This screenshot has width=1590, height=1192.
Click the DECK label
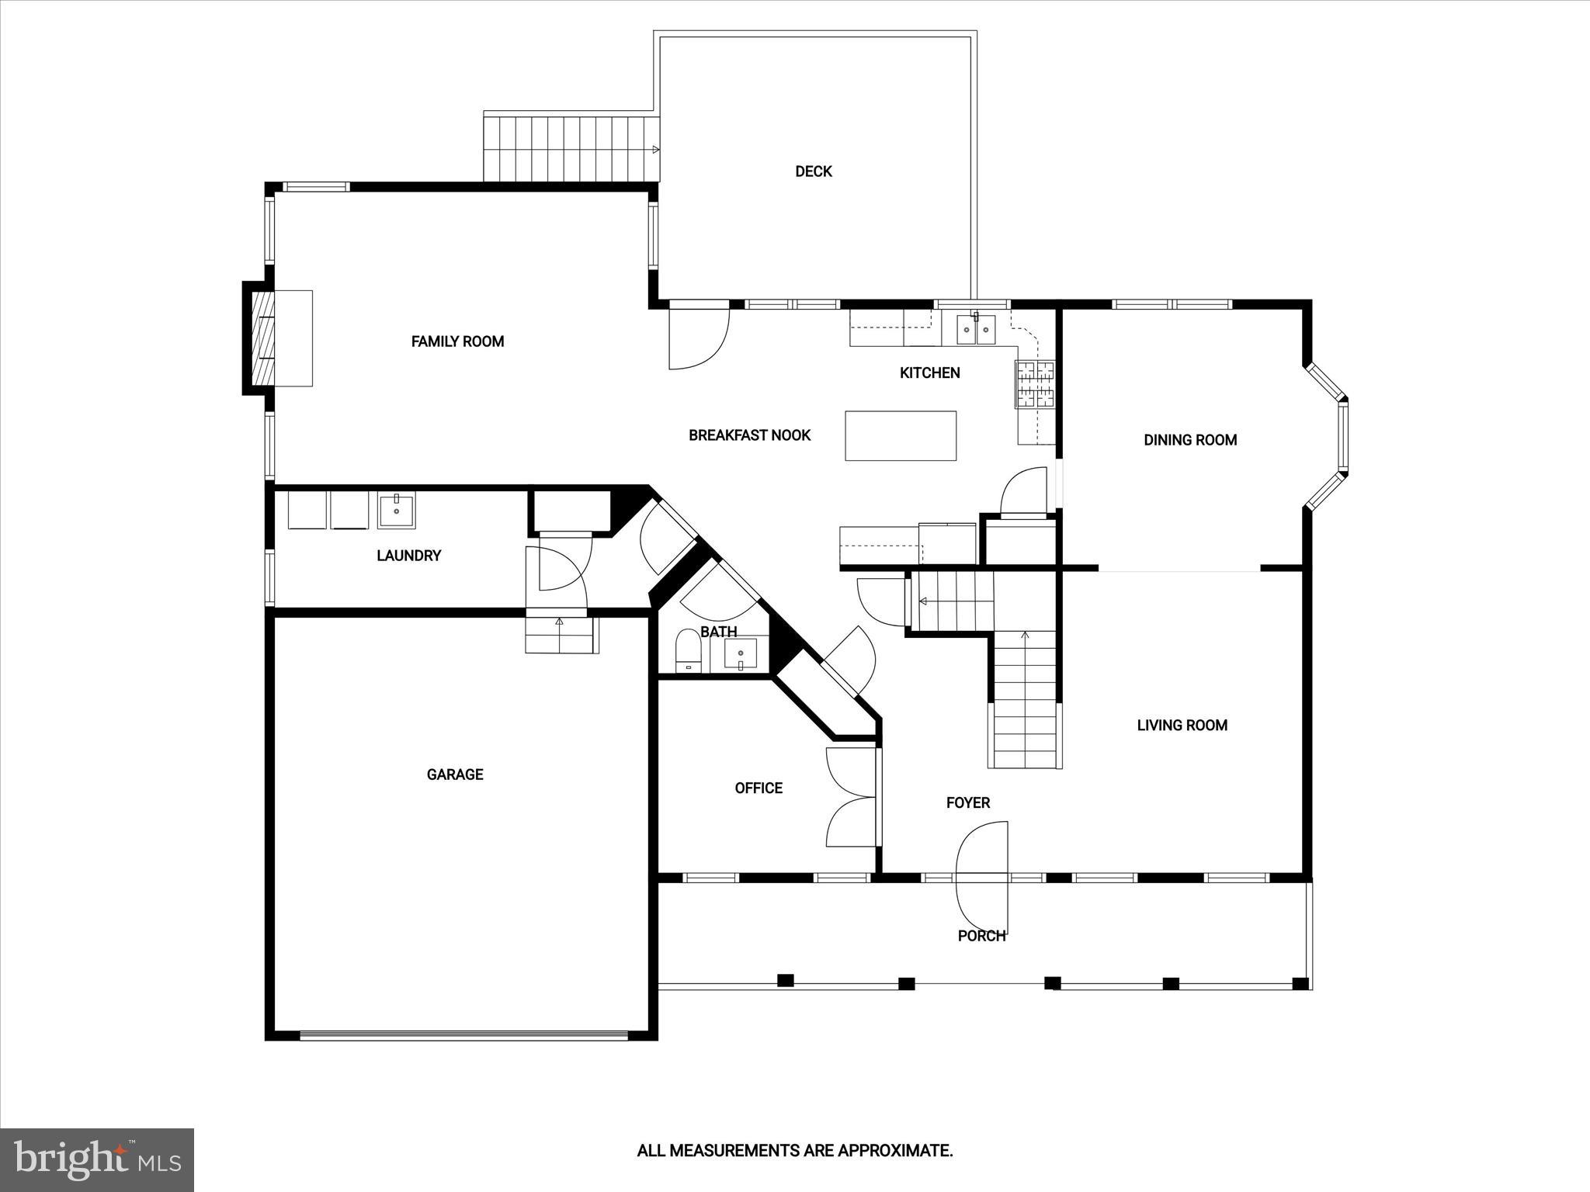(813, 172)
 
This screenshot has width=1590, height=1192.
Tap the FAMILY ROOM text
(457, 341)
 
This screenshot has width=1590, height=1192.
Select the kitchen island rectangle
(900, 436)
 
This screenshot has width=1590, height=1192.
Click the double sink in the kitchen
(976, 330)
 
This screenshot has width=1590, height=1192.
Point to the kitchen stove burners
(1036, 385)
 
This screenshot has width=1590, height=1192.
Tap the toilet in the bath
(688, 650)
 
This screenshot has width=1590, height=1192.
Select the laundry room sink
(397, 510)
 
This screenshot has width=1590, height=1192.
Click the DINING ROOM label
(1189, 440)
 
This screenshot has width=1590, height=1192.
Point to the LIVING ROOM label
(1182, 726)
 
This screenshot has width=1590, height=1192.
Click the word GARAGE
(455, 774)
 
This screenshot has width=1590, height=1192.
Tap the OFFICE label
(758, 788)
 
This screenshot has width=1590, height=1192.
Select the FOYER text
(967, 803)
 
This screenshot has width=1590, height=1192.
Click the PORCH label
(981, 936)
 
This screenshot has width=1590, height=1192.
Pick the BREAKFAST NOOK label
(749, 435)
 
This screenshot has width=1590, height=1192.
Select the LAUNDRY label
(408, 556)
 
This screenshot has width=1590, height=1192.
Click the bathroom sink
(740, 653)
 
